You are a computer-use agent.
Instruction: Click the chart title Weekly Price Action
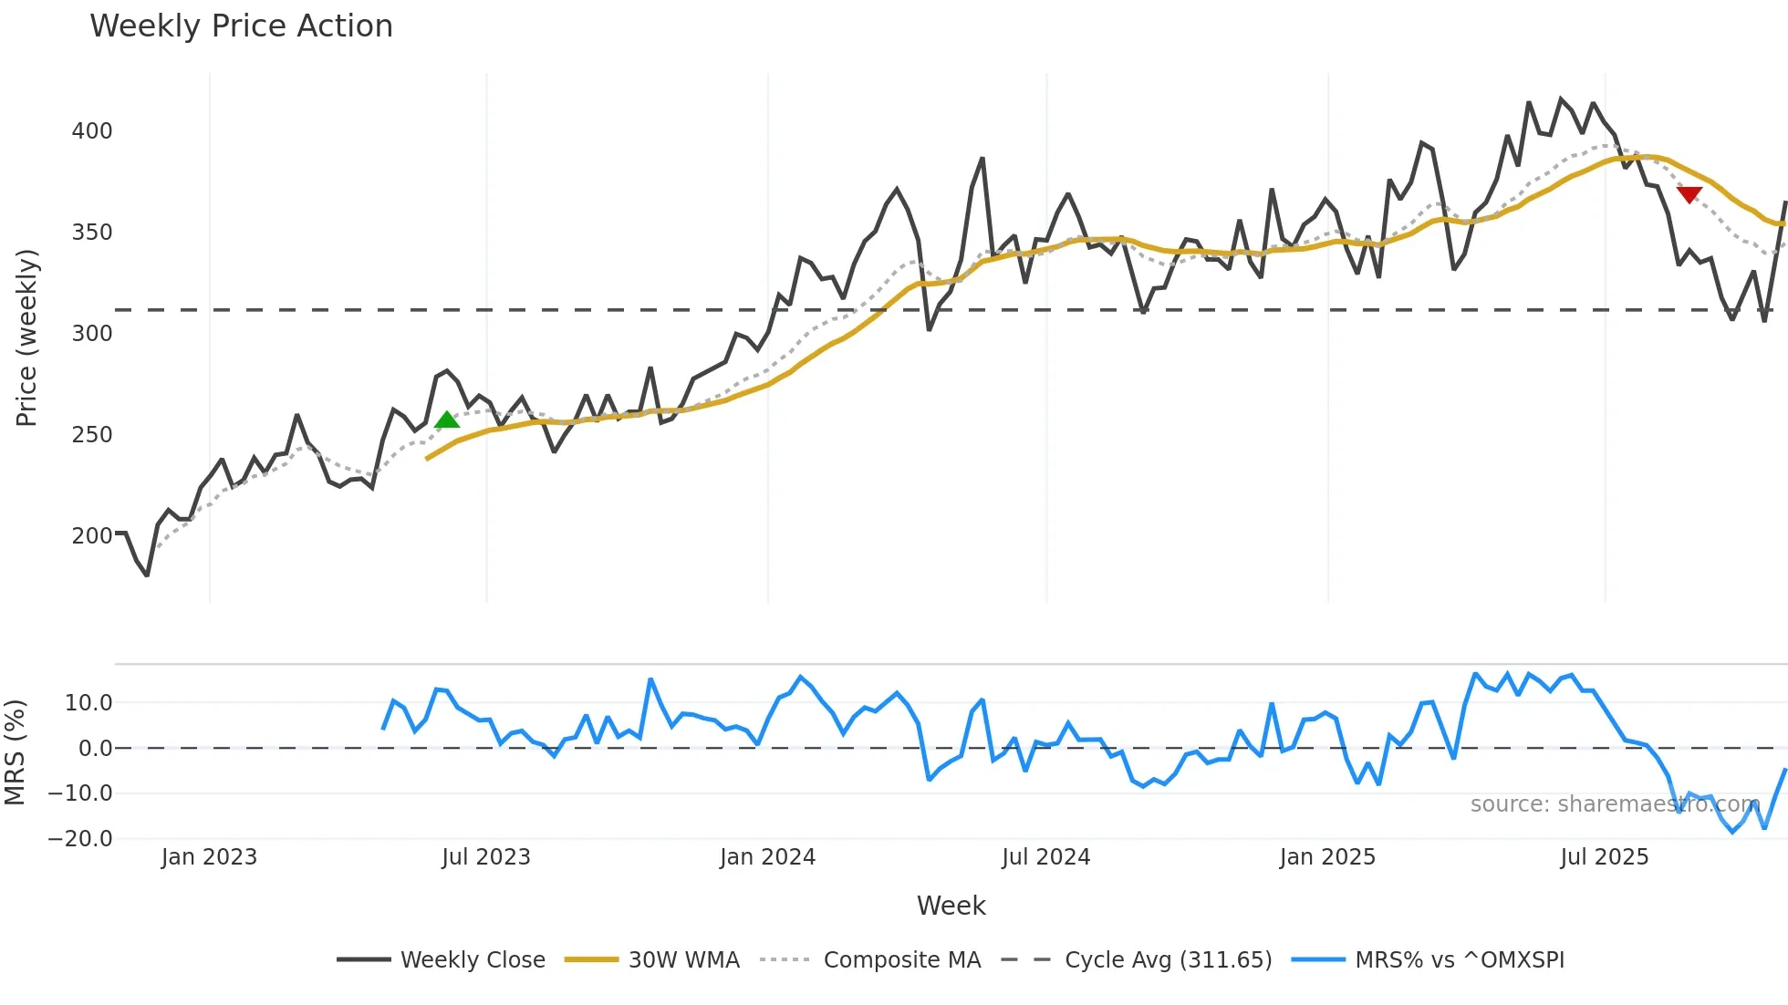241,26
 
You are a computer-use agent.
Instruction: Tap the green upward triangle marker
447,420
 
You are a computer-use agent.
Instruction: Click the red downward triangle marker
1689,194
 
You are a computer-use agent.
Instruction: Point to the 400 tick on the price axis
92,131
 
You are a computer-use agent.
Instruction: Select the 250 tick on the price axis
92,435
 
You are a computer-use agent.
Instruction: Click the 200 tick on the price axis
92,536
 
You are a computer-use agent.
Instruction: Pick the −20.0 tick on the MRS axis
80,839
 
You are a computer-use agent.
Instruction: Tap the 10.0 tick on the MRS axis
88,703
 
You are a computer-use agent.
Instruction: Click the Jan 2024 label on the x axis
767,857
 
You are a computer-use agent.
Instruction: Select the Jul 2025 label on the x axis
1604,857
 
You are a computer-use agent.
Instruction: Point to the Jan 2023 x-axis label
209,857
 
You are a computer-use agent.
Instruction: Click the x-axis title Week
951,906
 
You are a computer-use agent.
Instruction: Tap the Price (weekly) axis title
26,337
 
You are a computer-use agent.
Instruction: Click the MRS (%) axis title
15,752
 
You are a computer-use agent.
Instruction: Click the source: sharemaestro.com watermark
1614,804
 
